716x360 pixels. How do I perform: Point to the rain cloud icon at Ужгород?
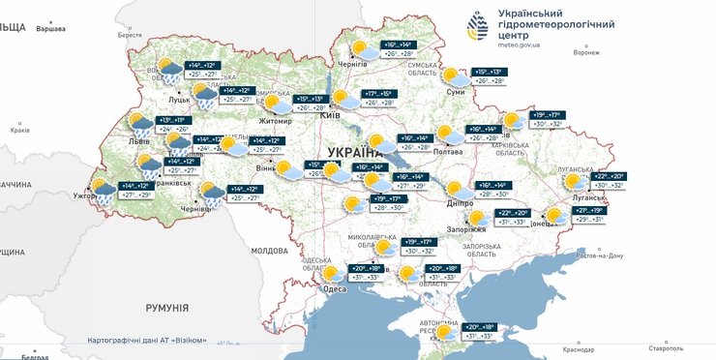(x=102, y=186)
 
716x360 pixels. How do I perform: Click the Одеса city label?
(x=334, y=288)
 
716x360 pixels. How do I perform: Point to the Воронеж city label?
(x=585, y=52)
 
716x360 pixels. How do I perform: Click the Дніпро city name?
(x=460, y=204)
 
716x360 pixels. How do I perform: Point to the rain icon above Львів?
(x=141, y=124)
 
